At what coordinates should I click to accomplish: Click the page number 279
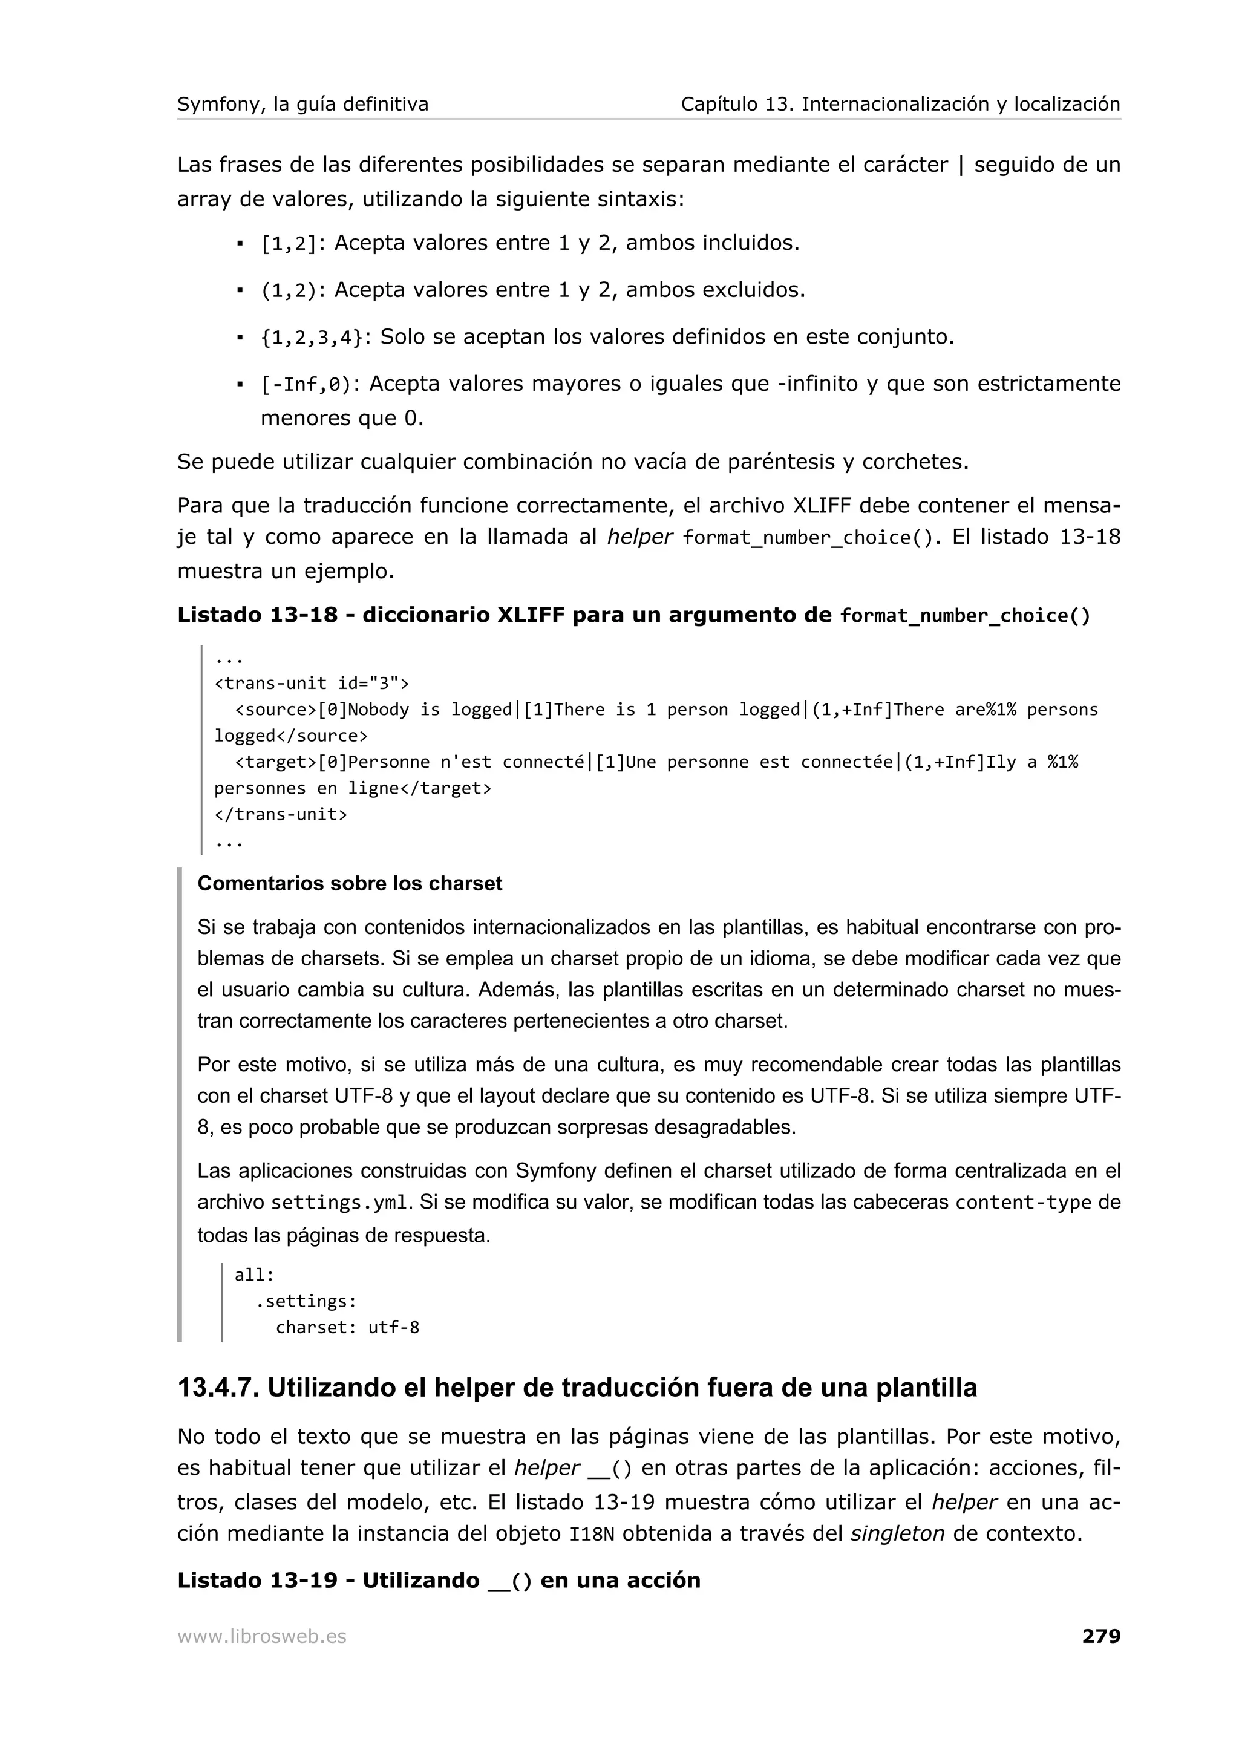(1101, 1636)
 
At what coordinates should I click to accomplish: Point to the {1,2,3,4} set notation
(312, 338)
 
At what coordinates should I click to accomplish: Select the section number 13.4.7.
(218, 1387)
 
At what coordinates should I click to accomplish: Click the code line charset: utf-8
(347, 1327)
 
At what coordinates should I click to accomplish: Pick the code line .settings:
(306, 1301)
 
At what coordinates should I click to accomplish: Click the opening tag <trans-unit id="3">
(312, 682)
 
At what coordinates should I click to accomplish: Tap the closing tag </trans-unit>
(280, 814)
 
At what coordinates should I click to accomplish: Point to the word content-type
(1023, 1203)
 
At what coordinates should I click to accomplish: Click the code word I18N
(592, 1534)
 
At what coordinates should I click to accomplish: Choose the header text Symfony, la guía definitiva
(302, 104)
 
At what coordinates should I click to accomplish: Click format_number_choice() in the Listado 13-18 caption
(965, 615)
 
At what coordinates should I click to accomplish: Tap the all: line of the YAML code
(254, 1275)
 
